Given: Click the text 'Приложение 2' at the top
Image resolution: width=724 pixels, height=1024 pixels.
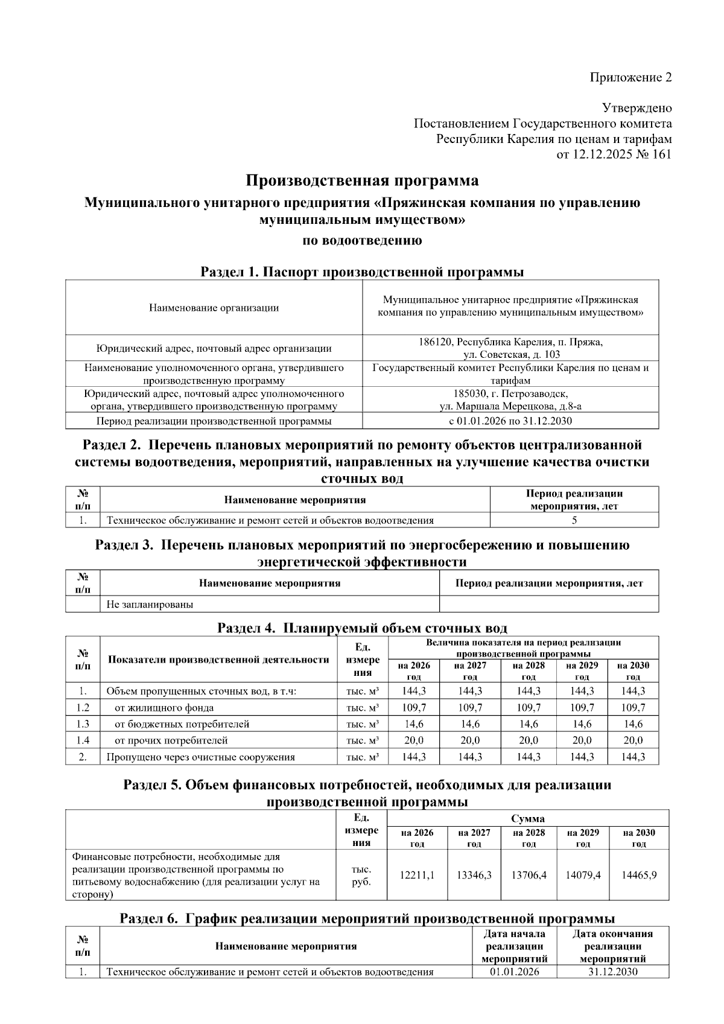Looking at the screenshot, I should coord(630,77).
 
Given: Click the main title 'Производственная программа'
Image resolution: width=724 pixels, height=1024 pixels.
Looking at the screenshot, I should coord(362,180).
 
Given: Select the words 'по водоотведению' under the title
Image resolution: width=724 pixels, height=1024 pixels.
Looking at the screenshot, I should coord(362,240).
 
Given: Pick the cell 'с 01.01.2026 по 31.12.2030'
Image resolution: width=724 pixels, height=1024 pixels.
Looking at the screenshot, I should coord(510,421).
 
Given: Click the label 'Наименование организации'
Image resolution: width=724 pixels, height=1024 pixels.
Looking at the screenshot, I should coord(214,308).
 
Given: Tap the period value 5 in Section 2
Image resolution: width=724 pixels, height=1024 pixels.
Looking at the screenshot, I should coord(574,520).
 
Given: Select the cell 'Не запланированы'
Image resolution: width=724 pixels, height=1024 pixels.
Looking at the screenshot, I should coord(150,604).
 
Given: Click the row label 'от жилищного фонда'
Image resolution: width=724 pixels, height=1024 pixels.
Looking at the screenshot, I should coord(164,708).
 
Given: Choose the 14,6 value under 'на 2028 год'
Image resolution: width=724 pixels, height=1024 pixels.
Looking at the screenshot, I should coord(529,724).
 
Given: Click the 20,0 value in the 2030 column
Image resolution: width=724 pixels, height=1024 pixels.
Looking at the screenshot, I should coord(633,740).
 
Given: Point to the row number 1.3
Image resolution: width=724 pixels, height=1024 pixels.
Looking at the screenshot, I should coord(83,724).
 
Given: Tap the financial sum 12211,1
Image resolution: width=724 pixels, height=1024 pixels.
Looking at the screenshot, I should coord(417,875).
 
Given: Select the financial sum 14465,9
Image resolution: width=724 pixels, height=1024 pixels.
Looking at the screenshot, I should coord(639,875).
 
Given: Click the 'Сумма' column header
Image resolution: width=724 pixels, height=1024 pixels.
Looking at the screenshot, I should coord(528,819).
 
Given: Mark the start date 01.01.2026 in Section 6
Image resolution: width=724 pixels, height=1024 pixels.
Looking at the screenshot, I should coord(515,972).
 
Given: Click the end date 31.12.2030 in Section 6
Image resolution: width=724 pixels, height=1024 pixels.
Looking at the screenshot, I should coord(612,972).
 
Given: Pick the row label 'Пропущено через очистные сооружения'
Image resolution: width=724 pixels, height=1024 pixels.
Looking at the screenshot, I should coord(201,757).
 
